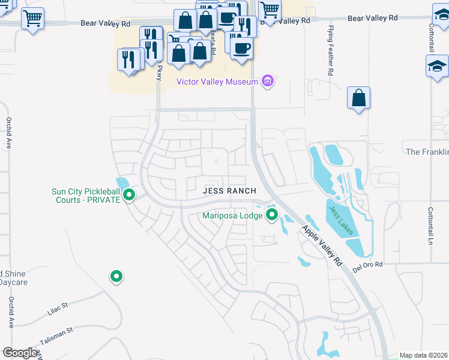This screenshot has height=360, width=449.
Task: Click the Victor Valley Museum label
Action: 216,82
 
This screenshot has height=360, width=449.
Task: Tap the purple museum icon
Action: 268,81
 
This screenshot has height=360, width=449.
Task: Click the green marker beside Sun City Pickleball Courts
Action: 129,195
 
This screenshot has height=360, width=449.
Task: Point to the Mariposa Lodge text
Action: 232,215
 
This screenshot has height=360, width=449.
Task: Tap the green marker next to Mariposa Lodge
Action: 272,214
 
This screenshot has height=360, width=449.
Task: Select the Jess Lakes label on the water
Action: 341,220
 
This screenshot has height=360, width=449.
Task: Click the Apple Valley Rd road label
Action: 321,245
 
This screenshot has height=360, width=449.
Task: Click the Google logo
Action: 20,353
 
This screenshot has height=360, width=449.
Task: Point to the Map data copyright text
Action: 423,355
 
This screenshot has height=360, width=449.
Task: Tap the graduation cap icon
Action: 437,67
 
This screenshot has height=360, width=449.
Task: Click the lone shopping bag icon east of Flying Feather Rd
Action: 358,98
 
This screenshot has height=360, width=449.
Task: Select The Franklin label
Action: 427,152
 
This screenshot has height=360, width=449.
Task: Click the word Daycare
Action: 12,281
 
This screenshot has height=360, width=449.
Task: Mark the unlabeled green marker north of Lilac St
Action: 116,276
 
